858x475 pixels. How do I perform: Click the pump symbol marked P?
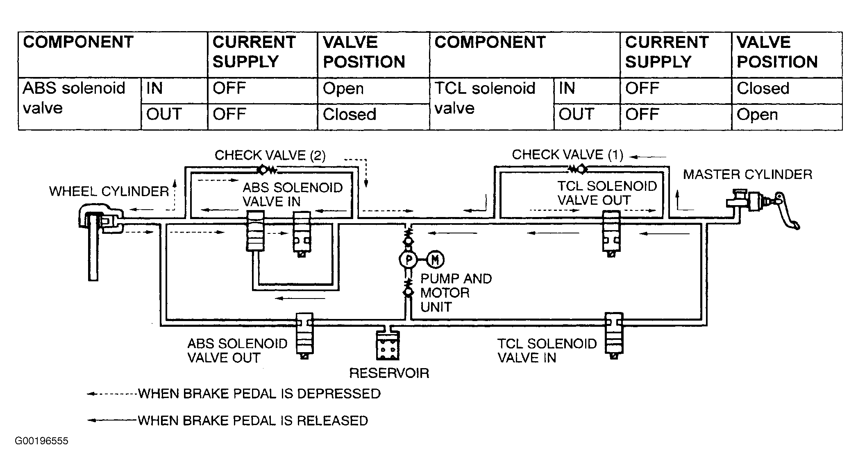point(408,259)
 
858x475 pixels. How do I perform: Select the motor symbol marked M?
point(435,259)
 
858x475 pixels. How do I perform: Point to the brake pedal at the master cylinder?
point(787,211)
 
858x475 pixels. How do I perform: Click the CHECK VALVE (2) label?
point(270,156)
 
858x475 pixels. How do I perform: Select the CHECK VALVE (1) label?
point(567,155)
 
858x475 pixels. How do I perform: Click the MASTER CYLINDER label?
point(747,174)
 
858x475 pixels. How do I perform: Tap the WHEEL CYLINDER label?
point(109,191)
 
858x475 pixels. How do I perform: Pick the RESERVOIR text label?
point(389,373)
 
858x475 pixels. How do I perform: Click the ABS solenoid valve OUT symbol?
point(304,336)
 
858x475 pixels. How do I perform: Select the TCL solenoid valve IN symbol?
point(614,336)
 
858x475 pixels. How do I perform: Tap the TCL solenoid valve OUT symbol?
point(611,234)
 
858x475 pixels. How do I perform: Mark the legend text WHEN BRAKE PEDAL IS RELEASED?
point(253,421)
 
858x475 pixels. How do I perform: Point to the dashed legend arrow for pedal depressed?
point(111,394)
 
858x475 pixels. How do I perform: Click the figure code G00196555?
point(42,441)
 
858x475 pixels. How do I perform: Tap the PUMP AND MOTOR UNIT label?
point(456,293)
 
